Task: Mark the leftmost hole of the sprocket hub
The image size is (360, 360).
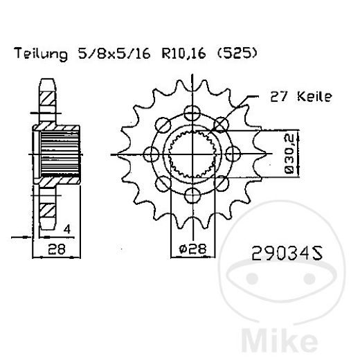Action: (x=151, y=154)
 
